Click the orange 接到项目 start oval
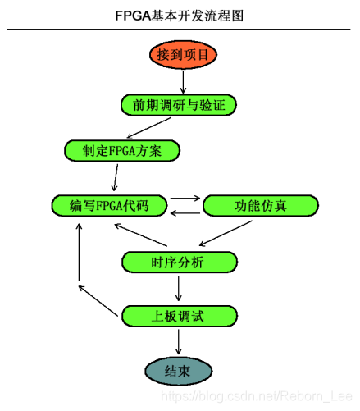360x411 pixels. click(183, 55)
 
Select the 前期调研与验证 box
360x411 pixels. click(179, 105)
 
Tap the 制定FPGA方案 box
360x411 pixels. click(122, 151)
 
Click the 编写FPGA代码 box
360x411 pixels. click(109, 206)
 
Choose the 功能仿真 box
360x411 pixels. click(261, 206)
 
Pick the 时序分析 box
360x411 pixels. click(180, 263)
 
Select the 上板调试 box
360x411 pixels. click(180, 316)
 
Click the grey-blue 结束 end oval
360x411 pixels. click(179, 371)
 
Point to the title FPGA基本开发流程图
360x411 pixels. click(179, 16)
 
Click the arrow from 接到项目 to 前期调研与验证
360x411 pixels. click(183, 82)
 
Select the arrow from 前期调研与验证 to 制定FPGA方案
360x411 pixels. click(149, 128)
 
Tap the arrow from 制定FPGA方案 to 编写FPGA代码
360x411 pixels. click(116, 177)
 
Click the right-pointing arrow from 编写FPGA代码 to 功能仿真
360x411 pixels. click(185, 198)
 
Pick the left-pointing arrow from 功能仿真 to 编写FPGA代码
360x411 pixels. click(185, 213)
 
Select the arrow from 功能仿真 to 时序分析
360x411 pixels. click(226, 233)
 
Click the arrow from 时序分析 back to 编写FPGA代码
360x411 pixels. click(140, 235)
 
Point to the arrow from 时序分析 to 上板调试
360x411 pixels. click(179, 289)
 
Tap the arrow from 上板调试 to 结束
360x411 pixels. click(179, 342)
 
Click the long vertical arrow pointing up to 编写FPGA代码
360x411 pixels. click(79, 252)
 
